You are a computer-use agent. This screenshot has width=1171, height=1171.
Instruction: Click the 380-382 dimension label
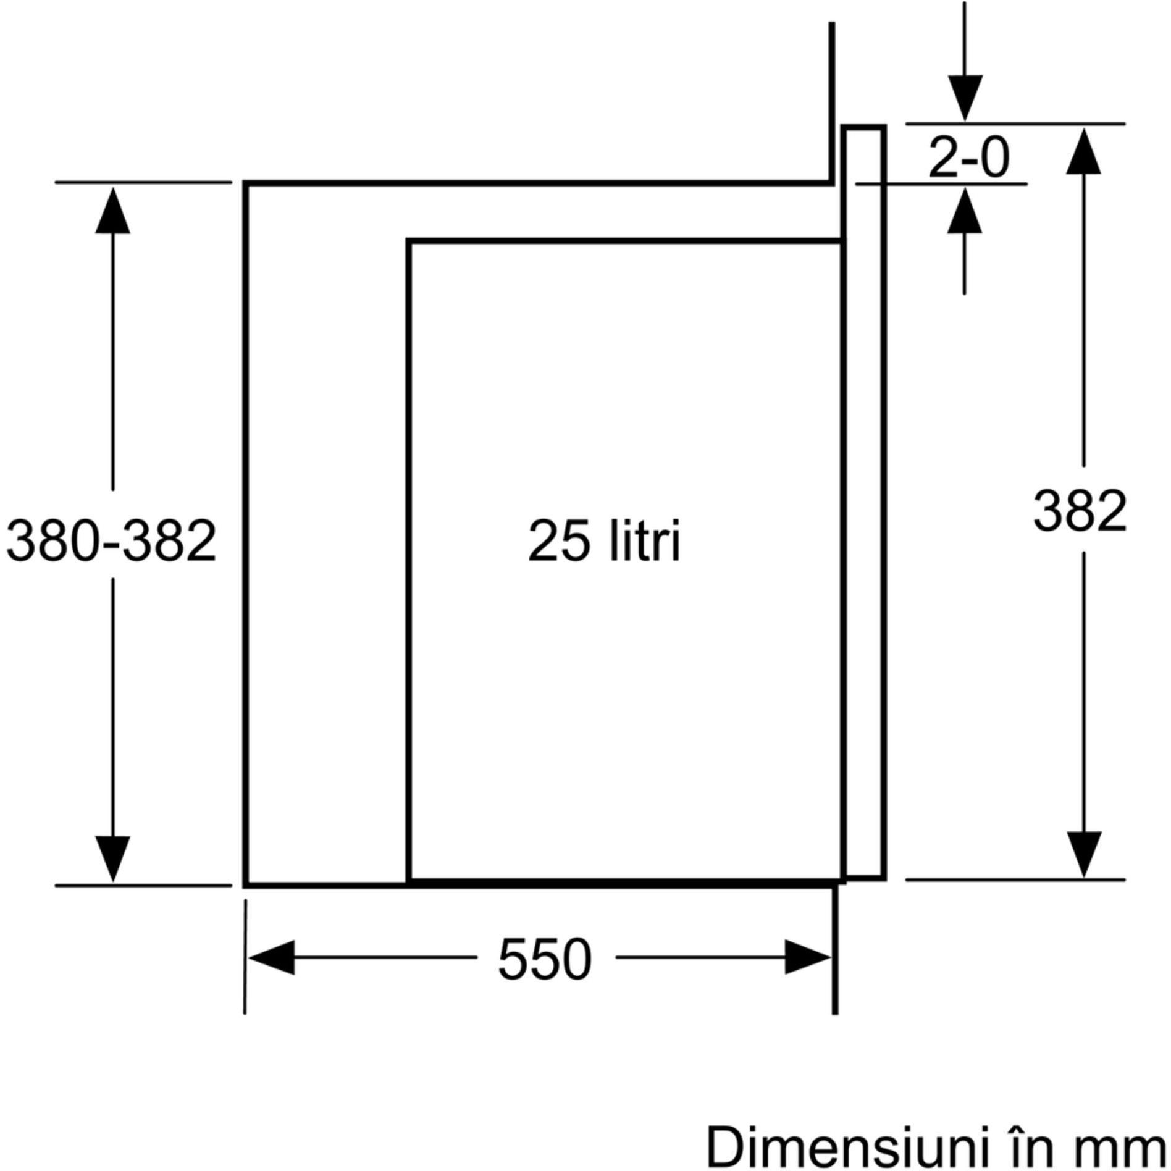[111, 540]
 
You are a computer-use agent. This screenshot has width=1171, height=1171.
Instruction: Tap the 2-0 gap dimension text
[968, 158]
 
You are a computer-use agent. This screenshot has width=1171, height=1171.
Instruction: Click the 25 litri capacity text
[604, 541]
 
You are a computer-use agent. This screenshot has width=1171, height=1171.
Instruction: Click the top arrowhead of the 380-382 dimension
[112, 212]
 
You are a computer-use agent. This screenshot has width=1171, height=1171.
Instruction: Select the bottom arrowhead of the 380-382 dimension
[112, 858]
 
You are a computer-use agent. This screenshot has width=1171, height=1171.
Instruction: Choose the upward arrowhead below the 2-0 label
[965, 211]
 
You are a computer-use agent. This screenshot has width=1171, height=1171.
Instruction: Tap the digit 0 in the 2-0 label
[994, 158]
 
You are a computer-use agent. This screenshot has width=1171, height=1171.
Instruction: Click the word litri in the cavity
[644, 541]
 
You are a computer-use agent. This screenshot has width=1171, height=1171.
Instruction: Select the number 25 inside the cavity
[560, 541]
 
